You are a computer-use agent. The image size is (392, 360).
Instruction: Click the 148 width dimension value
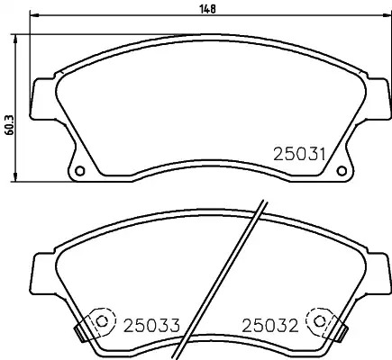coord(208,9)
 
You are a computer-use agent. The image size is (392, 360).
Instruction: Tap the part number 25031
coord(299,155)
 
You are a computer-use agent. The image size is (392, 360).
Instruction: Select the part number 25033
coord(152,325)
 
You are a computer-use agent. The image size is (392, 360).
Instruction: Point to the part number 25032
coord(270,325)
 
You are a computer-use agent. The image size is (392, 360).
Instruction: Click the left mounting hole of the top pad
coord(79,171)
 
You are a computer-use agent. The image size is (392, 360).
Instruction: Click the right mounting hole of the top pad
coord(342,171)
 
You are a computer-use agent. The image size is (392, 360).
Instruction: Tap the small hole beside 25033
coord(102,321)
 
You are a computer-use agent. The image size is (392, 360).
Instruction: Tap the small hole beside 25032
coord(319,321)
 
